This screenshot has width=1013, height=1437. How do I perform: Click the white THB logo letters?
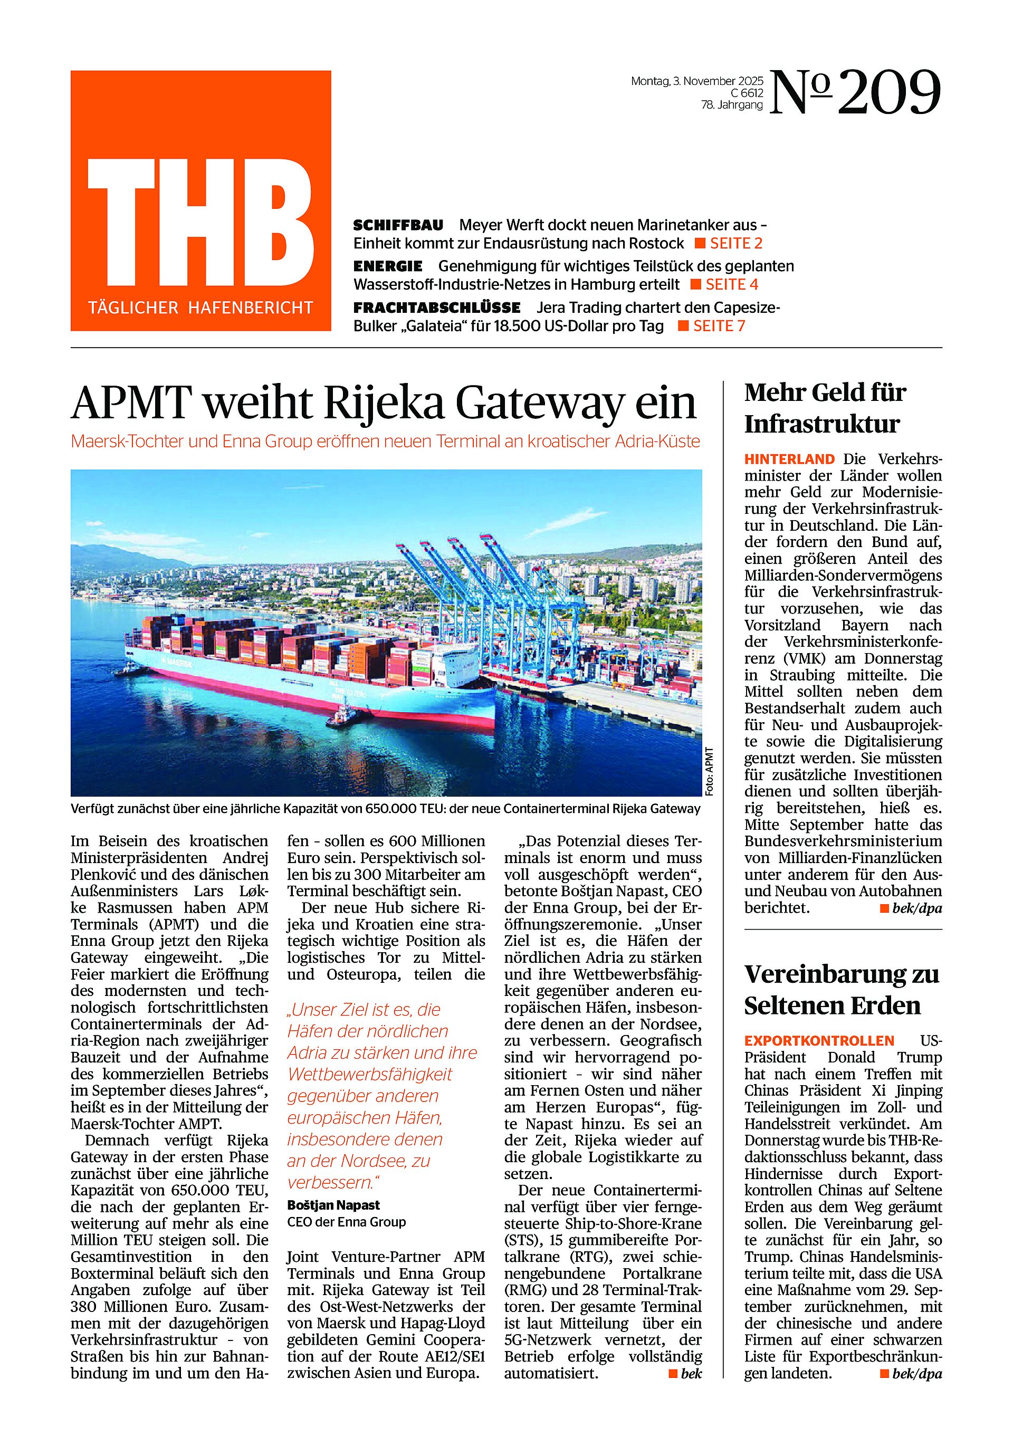tap(200, 221)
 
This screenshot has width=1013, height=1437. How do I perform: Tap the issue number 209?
tap(888, 94)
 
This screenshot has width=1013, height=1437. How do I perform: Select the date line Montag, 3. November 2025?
tap(697, 81)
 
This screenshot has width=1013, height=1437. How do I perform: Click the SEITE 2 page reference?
tap(735, 244)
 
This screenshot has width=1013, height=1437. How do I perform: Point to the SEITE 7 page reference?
tap(719, 326)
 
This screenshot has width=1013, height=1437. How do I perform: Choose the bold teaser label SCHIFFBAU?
tap(398, 225)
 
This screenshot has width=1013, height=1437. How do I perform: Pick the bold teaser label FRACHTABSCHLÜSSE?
tap(436, 308)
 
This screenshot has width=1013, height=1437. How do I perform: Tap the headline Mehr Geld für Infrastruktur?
tap(825, 408)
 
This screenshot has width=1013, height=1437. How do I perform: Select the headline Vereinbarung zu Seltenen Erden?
tap(841, 990)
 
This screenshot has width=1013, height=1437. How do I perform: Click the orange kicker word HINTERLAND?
tap(789, 459)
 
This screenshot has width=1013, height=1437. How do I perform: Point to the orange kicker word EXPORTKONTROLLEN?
tap(819, 1041)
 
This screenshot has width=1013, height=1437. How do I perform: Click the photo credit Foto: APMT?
tap(709, 772)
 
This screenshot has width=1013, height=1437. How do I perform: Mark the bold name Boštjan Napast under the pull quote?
tap(333, 1205)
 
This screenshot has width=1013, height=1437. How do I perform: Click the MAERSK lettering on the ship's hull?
tap(175, 662)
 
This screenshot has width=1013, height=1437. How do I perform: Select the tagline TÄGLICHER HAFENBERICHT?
tap(200, 308)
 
